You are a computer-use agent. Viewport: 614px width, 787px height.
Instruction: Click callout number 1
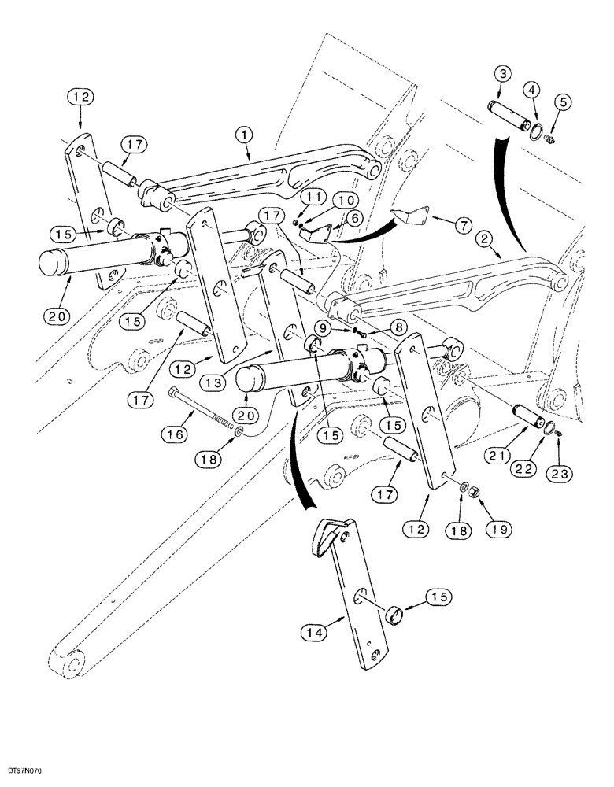point(244,136)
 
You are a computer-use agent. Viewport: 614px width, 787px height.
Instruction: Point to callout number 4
point(534,90)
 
